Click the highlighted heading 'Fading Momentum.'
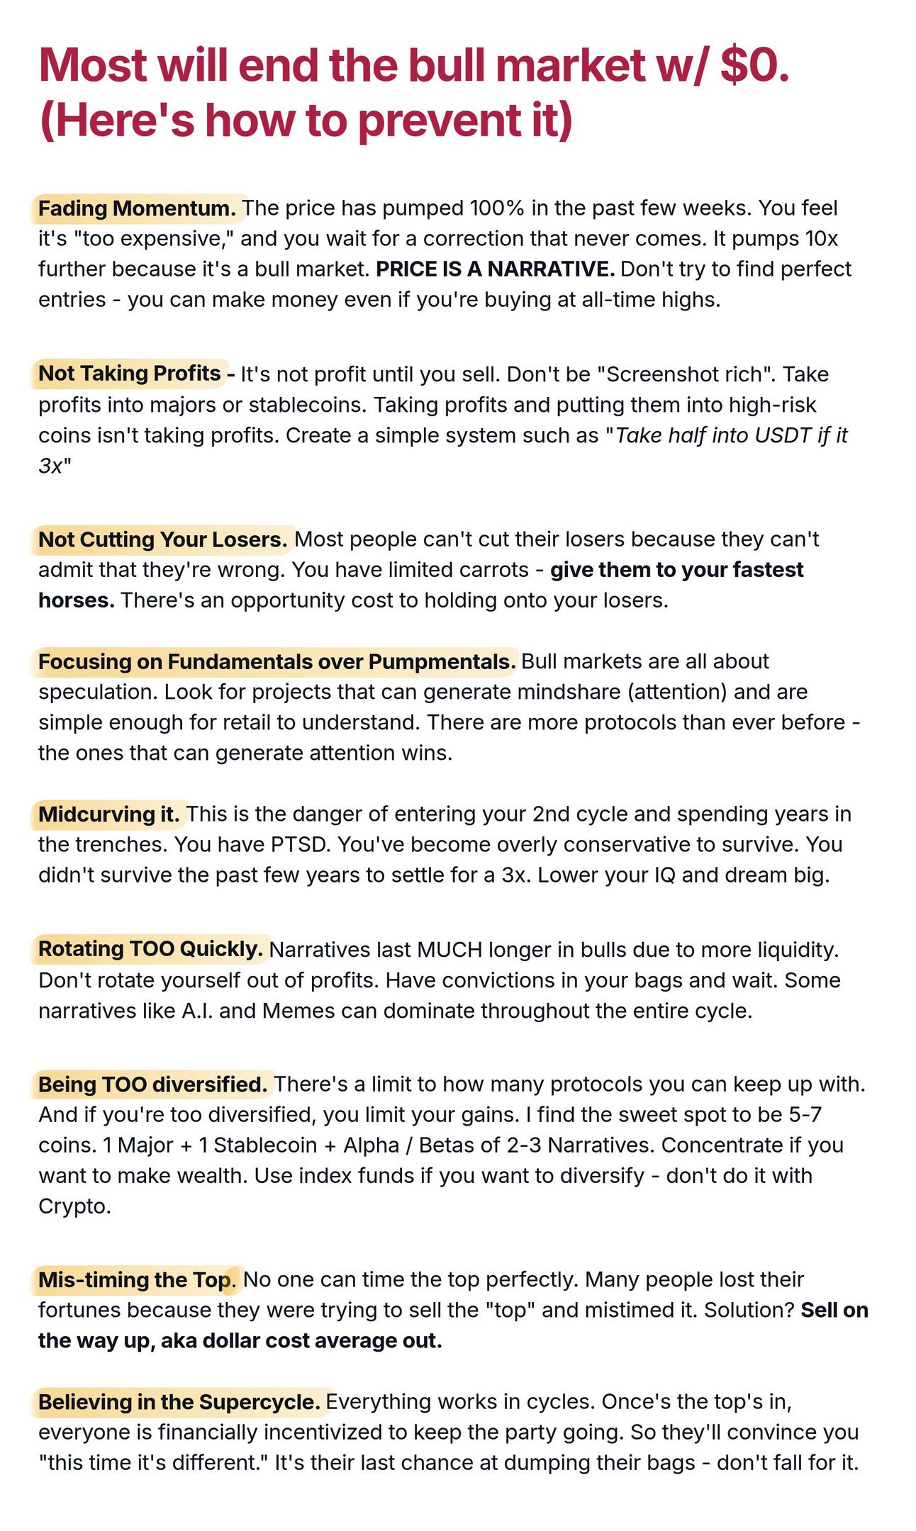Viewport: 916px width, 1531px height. [137, 208]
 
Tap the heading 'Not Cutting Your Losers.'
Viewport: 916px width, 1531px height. [162, 539]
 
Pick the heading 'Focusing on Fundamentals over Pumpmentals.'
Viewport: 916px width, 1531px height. [277, 661]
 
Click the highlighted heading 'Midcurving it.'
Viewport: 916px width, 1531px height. [109, 814]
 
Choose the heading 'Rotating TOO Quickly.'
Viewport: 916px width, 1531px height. [150, 949]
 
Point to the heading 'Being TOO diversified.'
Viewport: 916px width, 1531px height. [152, 1084]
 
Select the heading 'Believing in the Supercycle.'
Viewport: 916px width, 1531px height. [179, 1402]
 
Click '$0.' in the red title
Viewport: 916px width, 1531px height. [754, 65]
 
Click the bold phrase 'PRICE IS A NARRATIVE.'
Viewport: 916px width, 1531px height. [495, 269]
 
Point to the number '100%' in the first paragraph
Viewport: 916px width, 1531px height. [496, 208]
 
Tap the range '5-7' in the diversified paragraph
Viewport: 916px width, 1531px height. [805, 1115]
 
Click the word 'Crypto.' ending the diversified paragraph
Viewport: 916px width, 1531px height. [74, 1206]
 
